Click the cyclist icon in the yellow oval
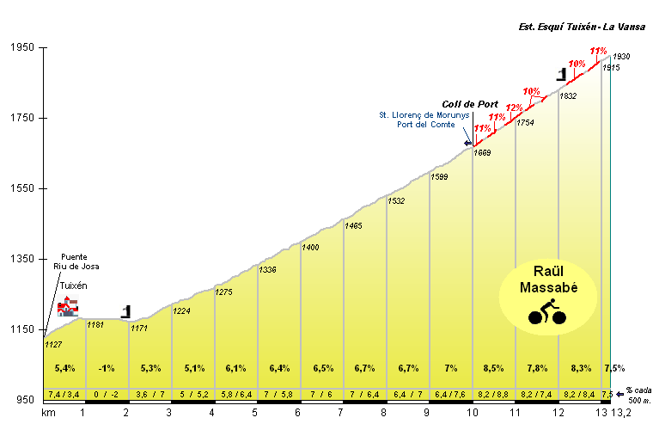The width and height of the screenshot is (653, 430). pyautogui.click(x=547, y=310)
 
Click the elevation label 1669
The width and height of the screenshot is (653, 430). pyautogui.click(x=482, y=153)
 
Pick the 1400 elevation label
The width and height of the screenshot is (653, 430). pyautogui.click(x=310, y=248)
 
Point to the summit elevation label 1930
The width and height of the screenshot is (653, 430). pyautogui.click(x=621, y=57)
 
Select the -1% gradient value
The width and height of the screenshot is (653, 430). pyautogui.click(x=107, y=368)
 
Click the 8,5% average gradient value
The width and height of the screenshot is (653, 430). pyautogui.click(x=494, y=368)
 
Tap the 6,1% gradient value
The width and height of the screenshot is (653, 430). pyautogui.click(x=236, y=368)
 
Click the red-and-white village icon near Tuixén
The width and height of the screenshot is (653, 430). pyautogui.click(x=68, y=305)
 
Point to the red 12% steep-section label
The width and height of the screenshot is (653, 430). pyautogui.click(x=514, y=107)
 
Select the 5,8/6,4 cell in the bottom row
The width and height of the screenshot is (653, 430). pyautogui.click(x=236, y=394)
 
